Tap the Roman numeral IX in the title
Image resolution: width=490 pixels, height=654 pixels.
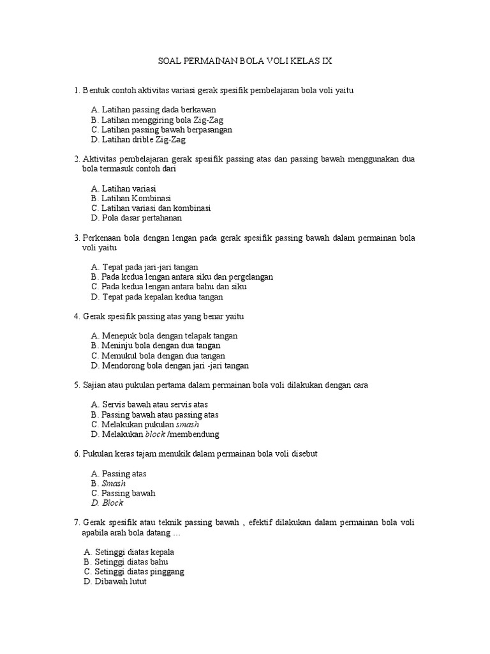tap(325, 61)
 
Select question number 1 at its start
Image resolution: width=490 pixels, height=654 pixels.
tap(77, 90)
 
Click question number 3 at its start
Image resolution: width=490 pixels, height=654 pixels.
tap(77, 238)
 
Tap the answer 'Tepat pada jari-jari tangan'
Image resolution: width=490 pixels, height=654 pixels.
tap(151, 267)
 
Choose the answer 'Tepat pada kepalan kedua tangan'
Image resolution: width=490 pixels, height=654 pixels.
tap(161, 296)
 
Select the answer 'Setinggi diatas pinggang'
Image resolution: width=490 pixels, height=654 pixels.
tap(139, 572)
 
